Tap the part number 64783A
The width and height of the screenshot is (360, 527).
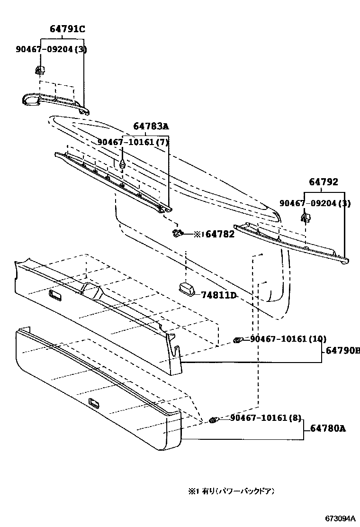[x=151, y=126]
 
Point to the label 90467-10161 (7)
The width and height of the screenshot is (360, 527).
[x=133, y=142]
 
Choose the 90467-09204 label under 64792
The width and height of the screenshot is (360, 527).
[x=315, y=203]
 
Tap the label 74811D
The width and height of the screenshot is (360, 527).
[x=218, y=295]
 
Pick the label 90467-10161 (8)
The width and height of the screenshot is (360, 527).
[x=266, y=418]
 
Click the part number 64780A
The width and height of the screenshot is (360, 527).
[x=328, y=428]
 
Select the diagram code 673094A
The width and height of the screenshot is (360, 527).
[x=339, y=518]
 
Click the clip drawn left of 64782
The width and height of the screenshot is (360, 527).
[x=178, y=233]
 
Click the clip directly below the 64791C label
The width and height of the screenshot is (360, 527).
[x=39, y=70]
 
